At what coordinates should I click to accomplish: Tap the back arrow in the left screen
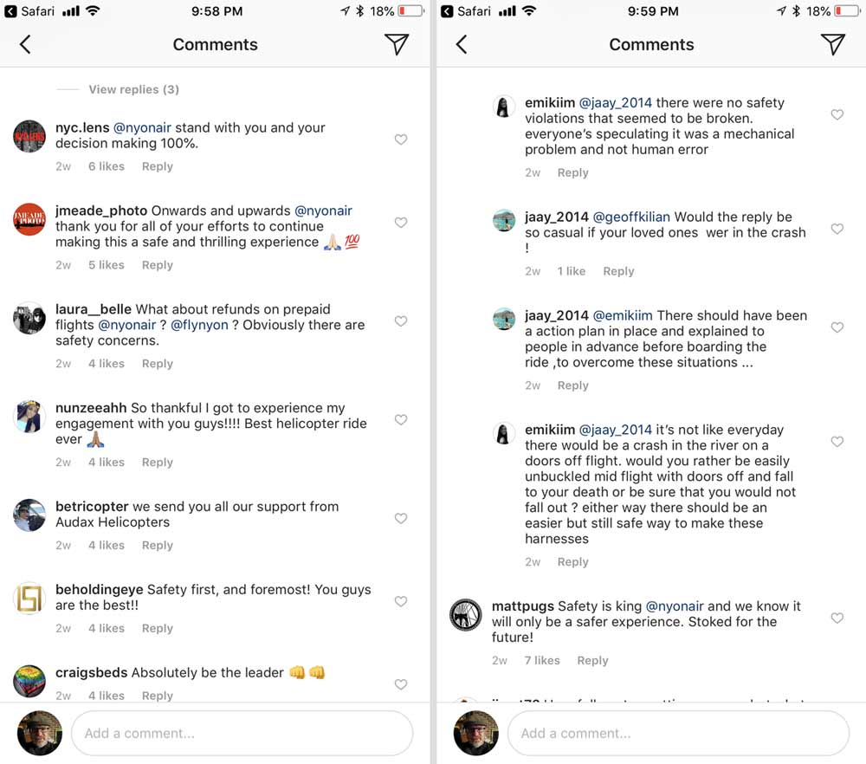click(25, 45)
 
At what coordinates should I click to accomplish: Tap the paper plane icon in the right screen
click(832, 45)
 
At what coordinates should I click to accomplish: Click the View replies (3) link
click(133, 89)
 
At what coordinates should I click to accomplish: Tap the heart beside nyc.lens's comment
click(401, 139)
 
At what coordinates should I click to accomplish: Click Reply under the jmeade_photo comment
click(158, 265)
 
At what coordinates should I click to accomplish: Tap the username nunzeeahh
click(91, 408)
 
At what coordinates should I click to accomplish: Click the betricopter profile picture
click(29, 515)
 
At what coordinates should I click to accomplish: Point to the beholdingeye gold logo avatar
click(29, 599)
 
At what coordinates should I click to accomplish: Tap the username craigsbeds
click(91, 673)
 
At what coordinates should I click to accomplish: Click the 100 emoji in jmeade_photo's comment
click(352, 243)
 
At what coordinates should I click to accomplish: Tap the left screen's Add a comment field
click(242, 733)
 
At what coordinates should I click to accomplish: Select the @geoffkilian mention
click(631, 217)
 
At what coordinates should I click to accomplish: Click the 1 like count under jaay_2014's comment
click(571, 271)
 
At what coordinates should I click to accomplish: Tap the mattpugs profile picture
click(465, 615)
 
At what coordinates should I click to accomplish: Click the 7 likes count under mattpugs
click(542, 660)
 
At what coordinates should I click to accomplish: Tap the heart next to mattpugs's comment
click(837, 618)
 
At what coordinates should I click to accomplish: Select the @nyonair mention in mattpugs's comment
click(675, 606)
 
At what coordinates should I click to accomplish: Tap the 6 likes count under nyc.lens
click(106, 166)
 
